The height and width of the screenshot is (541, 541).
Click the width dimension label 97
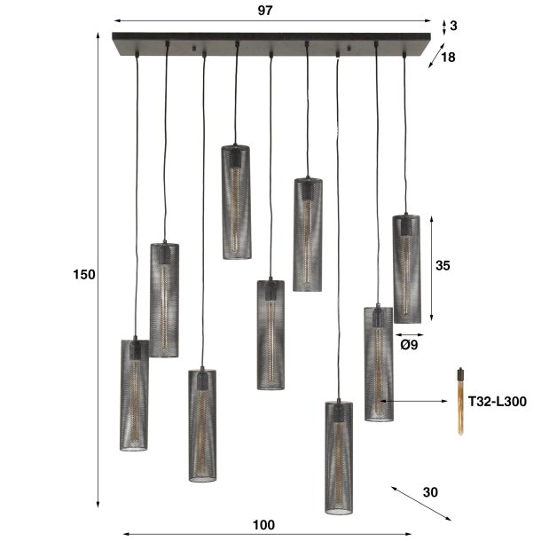[264, 11]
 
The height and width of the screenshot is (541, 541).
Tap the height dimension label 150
[83, 275]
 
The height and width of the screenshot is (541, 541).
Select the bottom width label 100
[264, 524]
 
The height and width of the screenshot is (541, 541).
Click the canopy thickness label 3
[453, 26]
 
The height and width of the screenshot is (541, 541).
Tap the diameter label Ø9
[409, 345]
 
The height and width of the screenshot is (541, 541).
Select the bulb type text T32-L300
[498, 402]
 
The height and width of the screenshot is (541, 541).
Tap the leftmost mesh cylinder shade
[134, 394]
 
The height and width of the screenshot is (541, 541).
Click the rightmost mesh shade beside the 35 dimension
[406, 269]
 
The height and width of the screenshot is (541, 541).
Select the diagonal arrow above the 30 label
[421, 501]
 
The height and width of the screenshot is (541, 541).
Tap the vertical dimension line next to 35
[432, 269]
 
